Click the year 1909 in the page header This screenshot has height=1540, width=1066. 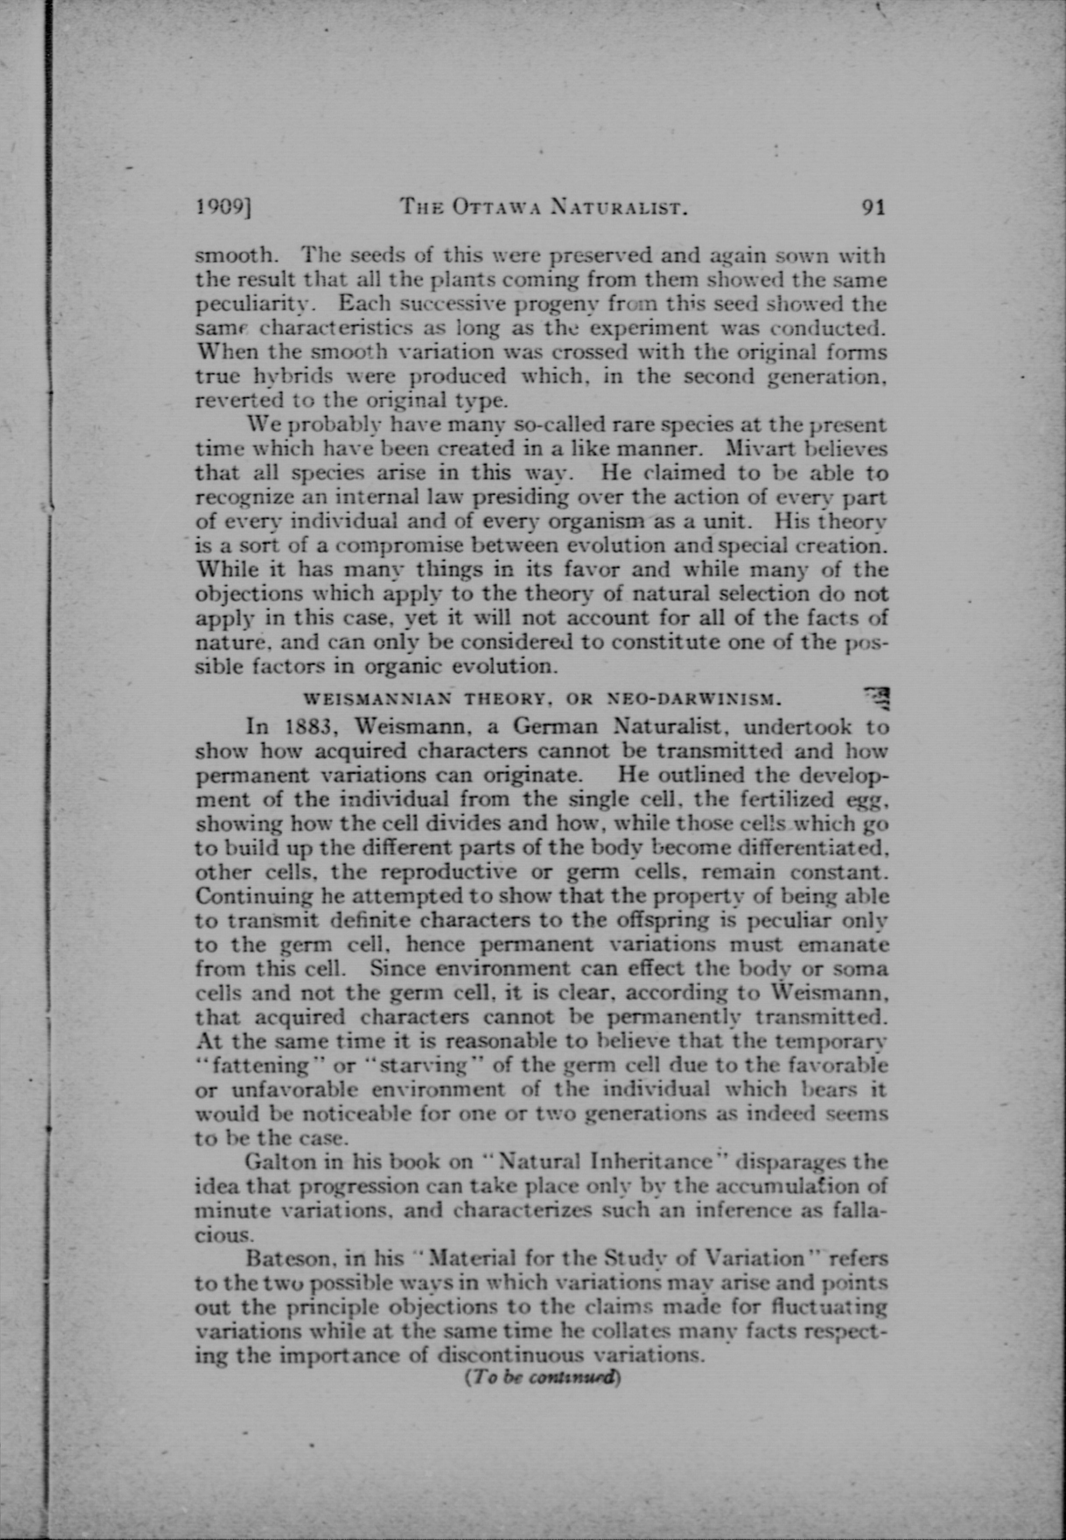222,208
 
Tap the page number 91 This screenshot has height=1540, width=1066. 873,208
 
